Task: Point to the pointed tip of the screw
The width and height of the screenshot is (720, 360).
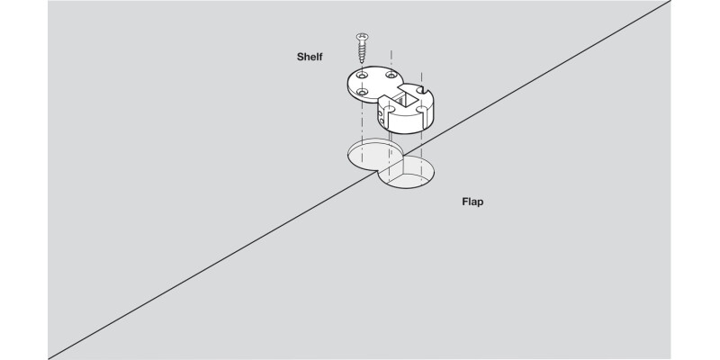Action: tap(360, 61)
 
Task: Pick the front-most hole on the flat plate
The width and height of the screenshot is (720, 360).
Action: tap(362, 94)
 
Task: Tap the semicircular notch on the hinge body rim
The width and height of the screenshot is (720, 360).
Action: tap(423, 89)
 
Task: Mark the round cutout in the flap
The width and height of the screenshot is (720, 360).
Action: tap(407, 173)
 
